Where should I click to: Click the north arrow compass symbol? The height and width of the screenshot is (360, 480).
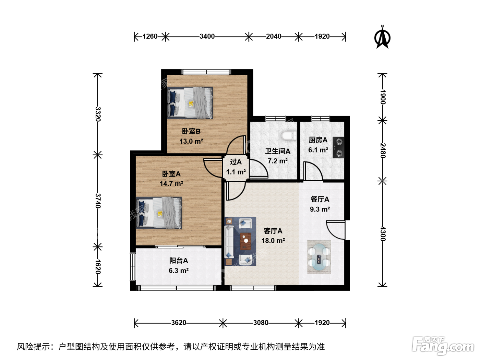382,37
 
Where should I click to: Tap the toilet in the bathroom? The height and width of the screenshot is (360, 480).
289,136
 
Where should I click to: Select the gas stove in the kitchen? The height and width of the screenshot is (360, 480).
338,147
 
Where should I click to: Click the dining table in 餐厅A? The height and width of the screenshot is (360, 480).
319,257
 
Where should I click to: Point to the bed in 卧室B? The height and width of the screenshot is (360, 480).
190,103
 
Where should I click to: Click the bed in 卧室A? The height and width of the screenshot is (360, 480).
159,213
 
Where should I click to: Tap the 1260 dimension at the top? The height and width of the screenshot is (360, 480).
150,36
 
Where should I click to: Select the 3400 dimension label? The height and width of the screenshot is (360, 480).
207,36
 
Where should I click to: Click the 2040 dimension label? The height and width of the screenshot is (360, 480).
274,36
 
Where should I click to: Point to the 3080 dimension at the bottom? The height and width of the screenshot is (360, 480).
261,323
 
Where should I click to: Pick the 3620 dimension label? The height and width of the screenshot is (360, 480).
179,323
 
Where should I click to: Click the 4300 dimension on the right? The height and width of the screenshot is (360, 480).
383,234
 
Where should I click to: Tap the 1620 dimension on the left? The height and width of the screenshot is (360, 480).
98,267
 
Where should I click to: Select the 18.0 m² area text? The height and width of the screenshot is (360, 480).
273,241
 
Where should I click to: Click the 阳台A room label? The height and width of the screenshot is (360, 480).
179,261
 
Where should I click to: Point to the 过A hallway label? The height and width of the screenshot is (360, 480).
236,162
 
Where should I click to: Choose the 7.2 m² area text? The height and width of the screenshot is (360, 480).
278,161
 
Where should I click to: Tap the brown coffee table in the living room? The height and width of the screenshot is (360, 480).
245,241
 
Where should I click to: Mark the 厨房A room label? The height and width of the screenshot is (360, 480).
318,140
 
